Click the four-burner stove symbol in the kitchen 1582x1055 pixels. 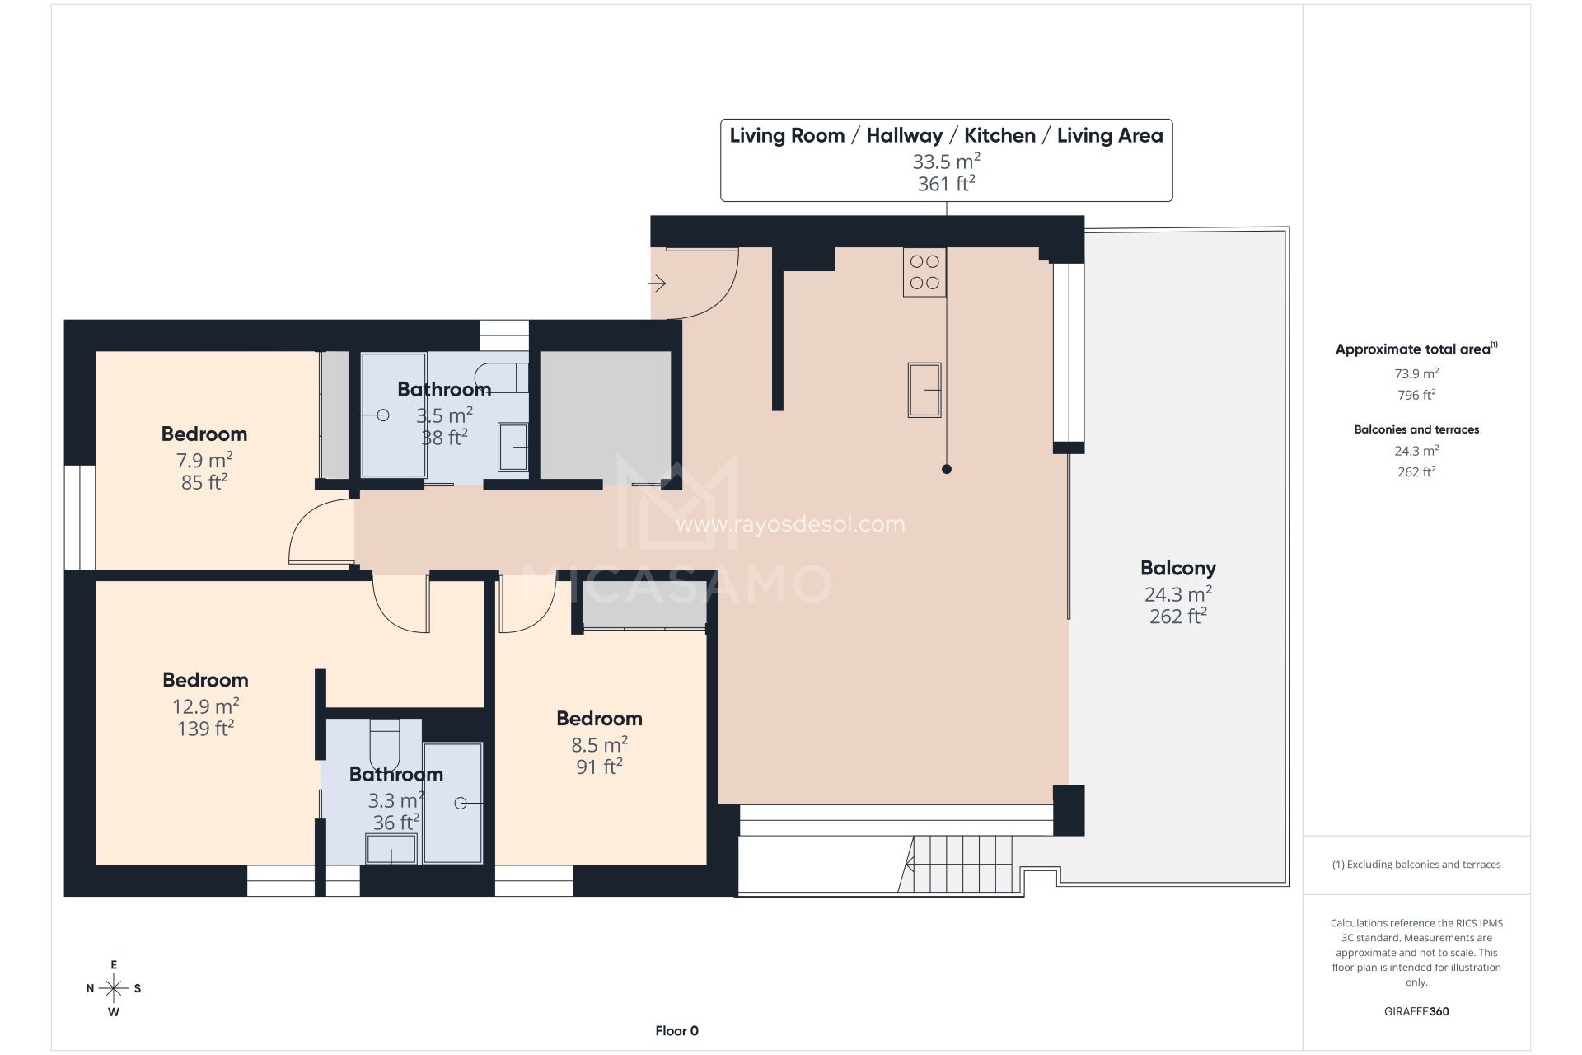tap(924, 272)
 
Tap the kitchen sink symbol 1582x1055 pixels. tap(924, 390)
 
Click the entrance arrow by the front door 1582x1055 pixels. tap(657, 284)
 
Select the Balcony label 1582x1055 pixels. tap(1177, 568)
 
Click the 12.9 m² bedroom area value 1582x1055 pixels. tap(205, 706)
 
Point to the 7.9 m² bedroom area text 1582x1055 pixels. tap(204, 460)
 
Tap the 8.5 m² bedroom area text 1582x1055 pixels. tap(599, 744)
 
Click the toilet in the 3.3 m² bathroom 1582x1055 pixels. tap(384, 743)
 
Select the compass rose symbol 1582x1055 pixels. tap(114, 988)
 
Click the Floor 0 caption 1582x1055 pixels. tap(676, 1030)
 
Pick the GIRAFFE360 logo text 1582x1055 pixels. tap(1416, 1011)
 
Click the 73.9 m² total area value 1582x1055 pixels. tap(1416, 373)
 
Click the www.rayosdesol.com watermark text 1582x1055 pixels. tap(790, 524)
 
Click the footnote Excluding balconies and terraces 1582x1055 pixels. tap(1416, 865)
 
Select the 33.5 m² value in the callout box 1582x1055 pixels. tap(946, 161)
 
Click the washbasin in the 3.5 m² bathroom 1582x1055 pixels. tap(513, 448)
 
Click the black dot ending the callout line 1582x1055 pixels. tap(947, 469)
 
